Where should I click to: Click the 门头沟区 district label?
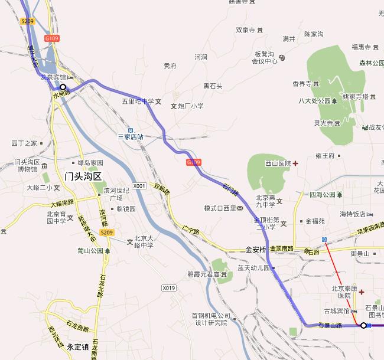click(x=83, y=176)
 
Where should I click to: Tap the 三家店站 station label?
click(x=131, y=137)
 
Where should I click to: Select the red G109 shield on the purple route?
click(x=193, y=162)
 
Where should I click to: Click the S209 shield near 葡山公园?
click(x=106, y=233)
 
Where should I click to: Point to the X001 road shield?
click(x=139, y=186)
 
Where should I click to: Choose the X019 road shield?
click(x=169, y=288)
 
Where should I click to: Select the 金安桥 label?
click(x=256, y=250)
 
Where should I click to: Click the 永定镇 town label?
click(x=77, y=346)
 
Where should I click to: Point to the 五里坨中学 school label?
click(x=138, y=101)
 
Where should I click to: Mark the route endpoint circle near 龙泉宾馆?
click(x=63, y=87)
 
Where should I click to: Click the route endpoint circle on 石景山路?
click(x=363, y=325)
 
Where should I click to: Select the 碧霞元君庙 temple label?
click(x=200, y=275)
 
